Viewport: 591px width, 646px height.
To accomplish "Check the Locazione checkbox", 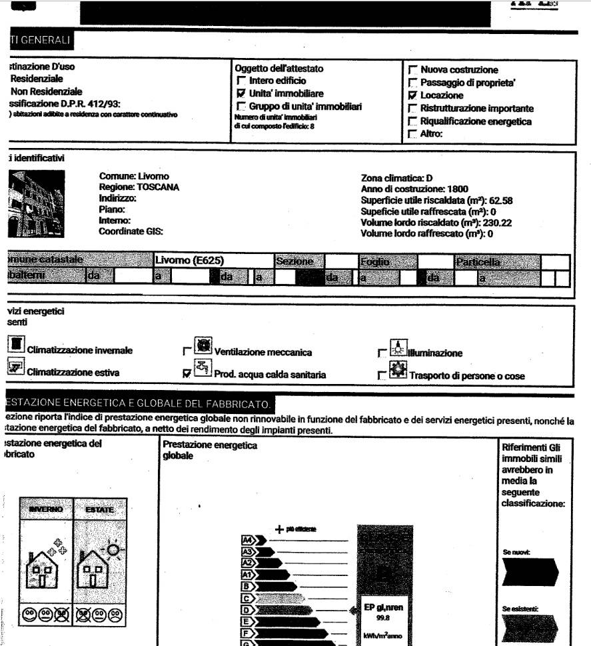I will coord(412,96).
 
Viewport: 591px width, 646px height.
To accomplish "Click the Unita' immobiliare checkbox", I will coord(241,94).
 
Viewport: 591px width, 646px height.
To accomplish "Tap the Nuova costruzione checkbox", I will coord(412,70).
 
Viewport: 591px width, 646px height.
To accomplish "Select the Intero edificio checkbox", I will coord(241,81).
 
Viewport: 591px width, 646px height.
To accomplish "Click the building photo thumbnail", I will coord(37,199).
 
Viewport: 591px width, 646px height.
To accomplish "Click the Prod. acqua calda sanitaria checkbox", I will coord(187,375).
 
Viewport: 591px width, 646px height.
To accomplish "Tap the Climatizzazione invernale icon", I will coord(17,345).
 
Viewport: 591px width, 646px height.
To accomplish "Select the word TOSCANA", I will coord(158,188).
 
